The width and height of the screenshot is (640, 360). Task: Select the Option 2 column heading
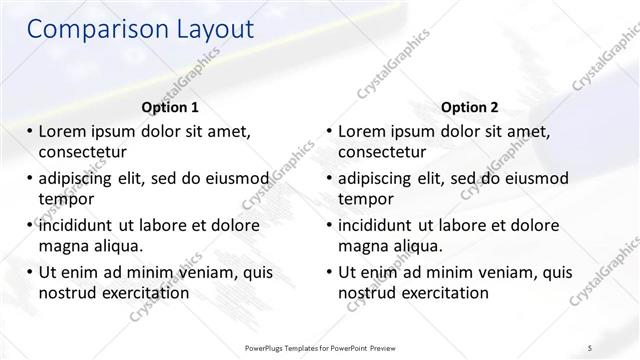click(x=470, y=107)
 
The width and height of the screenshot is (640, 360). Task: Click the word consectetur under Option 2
click(x=382, y=152)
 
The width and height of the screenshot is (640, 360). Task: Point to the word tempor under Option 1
click(x=66, y=198)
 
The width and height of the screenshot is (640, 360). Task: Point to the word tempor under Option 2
click(x=366, y=198)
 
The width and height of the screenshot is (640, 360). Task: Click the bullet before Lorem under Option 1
click(x=31, y=132)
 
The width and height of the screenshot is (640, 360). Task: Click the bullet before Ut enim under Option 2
click(x=331, y=272)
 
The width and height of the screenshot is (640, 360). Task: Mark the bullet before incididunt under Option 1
click(x=31, y=225)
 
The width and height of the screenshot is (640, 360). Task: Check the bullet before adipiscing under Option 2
click(x=331, y=178)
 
